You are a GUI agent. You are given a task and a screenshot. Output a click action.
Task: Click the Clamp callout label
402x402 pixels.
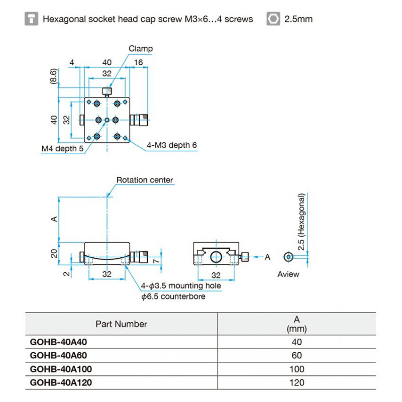[x=140, y=49]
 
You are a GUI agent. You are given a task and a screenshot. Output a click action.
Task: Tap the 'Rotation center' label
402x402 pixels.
[x=145, y=180]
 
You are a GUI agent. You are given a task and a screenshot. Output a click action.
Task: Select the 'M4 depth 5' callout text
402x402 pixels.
[x=62, y=149]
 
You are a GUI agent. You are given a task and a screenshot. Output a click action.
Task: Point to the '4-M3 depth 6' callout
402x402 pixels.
[x=172, y=145]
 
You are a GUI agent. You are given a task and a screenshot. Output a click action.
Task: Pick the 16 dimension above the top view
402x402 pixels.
[x=139, y=62]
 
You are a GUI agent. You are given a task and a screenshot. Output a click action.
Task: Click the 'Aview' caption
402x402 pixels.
[x=288, y=274]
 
